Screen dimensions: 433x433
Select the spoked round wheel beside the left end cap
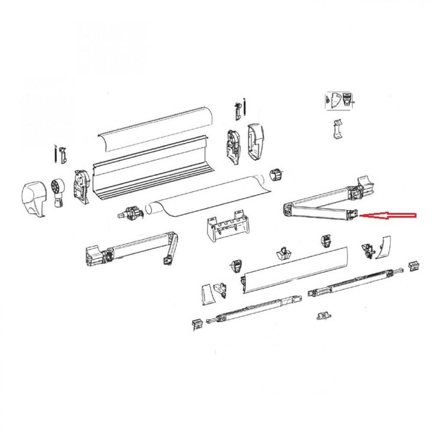point(58,189)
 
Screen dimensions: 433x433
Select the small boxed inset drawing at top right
point(340,100)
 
